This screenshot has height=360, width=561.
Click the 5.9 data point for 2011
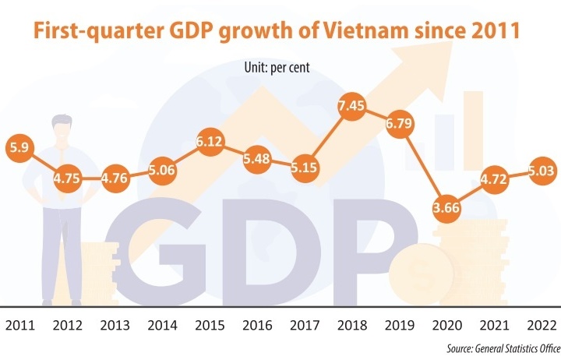[x=19, y=147]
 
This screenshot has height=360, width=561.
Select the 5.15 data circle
[x=304, y=166]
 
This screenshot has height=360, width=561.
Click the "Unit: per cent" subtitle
[x=277, y=68]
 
